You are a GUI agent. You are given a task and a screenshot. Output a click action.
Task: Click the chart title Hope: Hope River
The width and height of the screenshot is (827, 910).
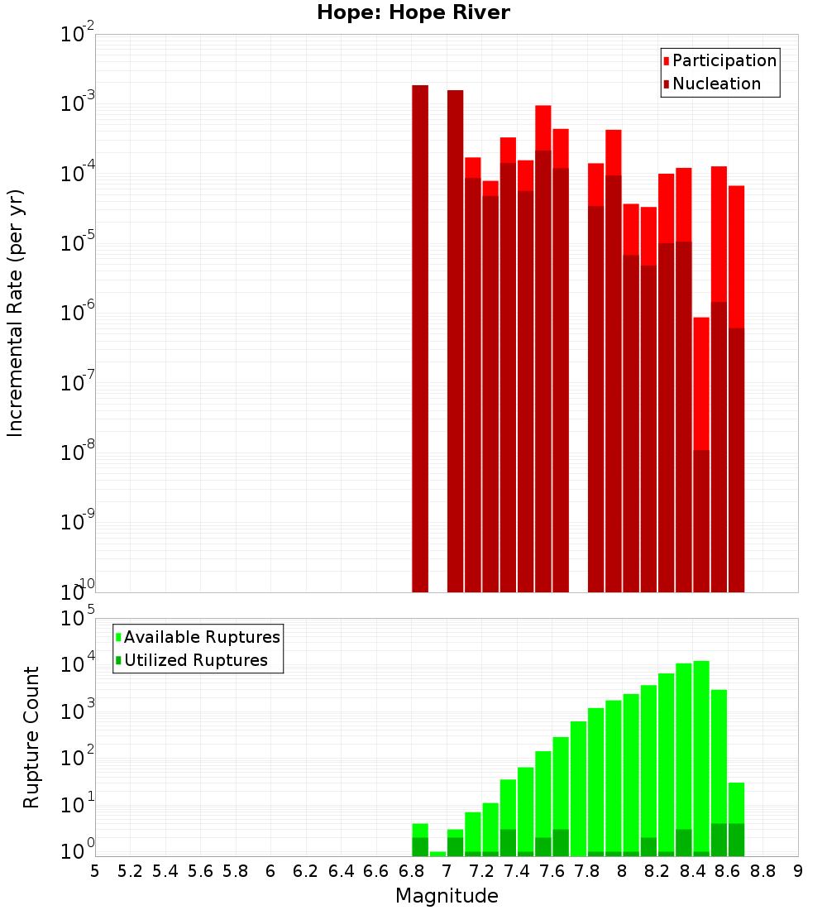(413, 12)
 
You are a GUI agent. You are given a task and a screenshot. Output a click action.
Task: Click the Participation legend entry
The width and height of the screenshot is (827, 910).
(724, 60)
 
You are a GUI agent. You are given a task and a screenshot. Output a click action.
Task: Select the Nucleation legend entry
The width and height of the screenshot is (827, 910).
(715, 84)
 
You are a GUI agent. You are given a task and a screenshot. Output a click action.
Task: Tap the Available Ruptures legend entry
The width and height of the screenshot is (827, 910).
(201, 637)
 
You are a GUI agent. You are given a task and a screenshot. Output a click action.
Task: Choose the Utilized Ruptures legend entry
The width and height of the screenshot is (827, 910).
(195, 660)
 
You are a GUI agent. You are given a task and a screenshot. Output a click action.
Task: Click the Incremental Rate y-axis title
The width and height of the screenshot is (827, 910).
(15, 313)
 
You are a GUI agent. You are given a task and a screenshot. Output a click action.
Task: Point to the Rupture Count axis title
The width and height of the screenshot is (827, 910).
(31, 736)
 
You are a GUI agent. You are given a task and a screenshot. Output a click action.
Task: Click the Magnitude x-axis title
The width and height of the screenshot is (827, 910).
(447, 896)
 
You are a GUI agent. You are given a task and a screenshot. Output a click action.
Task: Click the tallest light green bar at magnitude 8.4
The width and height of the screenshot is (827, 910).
(701, 745)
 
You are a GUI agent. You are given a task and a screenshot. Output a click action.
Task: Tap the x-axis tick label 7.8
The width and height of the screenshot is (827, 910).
(587, 870)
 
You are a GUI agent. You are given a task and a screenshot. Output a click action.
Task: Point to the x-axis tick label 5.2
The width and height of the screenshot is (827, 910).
(130, 870)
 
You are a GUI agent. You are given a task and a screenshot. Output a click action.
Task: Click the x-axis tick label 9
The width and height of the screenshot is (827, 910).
(798, 870)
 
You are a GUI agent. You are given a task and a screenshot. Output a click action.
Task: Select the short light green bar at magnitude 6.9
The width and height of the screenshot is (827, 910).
(437, 853)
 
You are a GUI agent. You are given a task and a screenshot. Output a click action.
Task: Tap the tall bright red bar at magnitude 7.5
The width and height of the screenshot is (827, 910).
(543, 128)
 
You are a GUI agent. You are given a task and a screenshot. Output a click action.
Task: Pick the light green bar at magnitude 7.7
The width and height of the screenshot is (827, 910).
(578, 786)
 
